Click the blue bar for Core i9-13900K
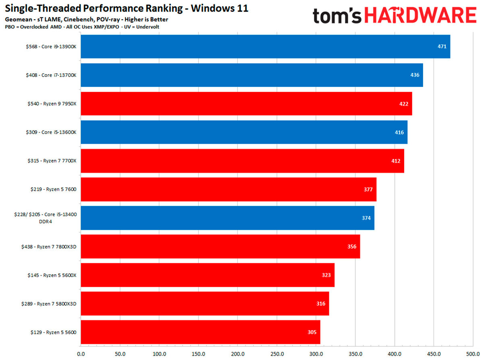(265, 46)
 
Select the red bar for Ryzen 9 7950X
(246, 103)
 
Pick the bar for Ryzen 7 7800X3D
(220, 246)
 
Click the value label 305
(312, 332)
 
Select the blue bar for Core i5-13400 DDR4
(227, 218)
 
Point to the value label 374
(366, 218)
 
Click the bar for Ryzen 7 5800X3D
(205, 304)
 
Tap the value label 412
(396, 161)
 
